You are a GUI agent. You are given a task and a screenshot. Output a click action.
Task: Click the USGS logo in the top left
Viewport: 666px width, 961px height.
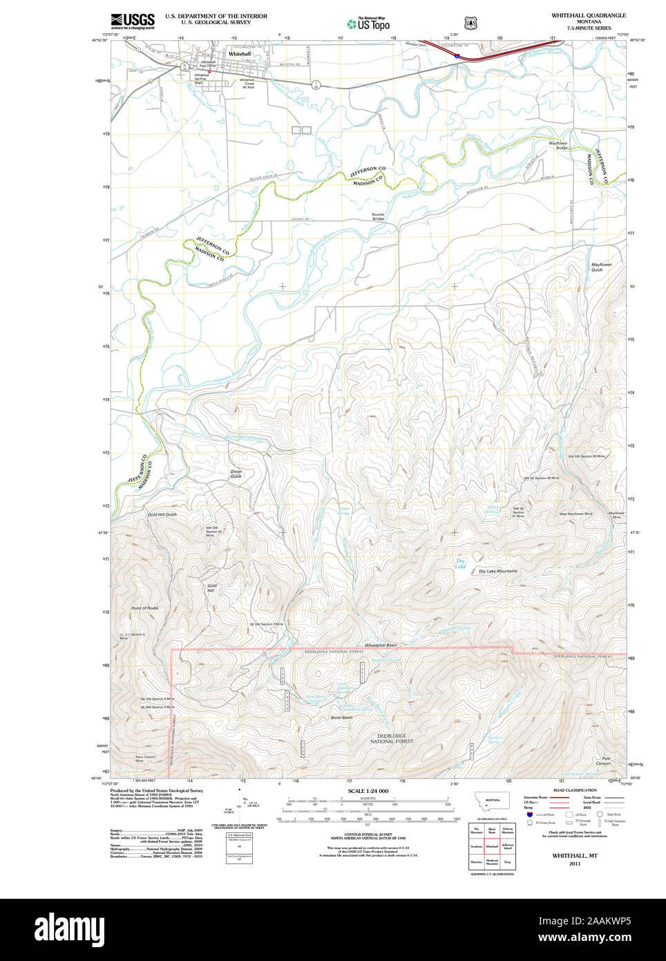click(x=133, y=20)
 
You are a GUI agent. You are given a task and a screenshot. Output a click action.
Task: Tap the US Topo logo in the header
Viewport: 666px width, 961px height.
click(x=369, y=24)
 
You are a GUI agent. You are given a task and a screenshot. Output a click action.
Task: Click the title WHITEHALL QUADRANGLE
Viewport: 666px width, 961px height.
click(x=589, y=15)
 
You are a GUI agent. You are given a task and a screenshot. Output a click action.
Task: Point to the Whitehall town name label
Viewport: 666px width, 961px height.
click(x=240, y=54)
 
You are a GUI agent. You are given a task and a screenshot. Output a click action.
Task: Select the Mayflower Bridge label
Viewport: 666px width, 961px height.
click(x=558, y=145)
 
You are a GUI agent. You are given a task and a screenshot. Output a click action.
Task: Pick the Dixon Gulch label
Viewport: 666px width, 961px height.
click(x=236, y=474)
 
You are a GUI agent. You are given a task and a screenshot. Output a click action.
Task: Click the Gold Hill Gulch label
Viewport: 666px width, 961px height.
click(x=162, y=514)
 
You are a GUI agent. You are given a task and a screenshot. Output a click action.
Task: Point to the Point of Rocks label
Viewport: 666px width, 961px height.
click(x=145, y=608)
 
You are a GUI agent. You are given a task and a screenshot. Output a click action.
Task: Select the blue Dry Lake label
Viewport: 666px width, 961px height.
click(x=460, y=563)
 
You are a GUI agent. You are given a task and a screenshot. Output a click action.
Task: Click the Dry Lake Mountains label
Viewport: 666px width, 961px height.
click(x=498, y=571)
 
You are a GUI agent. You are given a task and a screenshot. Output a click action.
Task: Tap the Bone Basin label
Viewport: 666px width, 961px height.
click(x=341, y=718)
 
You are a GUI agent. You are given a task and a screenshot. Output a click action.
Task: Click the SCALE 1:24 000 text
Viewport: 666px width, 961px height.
click(x=368, y=791)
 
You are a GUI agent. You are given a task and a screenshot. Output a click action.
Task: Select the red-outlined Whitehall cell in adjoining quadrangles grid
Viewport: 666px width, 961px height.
click(x=492, y=846)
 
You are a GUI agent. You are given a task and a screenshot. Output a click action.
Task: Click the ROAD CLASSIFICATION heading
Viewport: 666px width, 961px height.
click(x=575, y=790)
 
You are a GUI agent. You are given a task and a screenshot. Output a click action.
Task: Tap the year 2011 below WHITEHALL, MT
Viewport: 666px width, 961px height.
click(x=575, y=864)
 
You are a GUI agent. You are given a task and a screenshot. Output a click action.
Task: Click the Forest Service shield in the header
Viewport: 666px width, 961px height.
click(x=471, y=24)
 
